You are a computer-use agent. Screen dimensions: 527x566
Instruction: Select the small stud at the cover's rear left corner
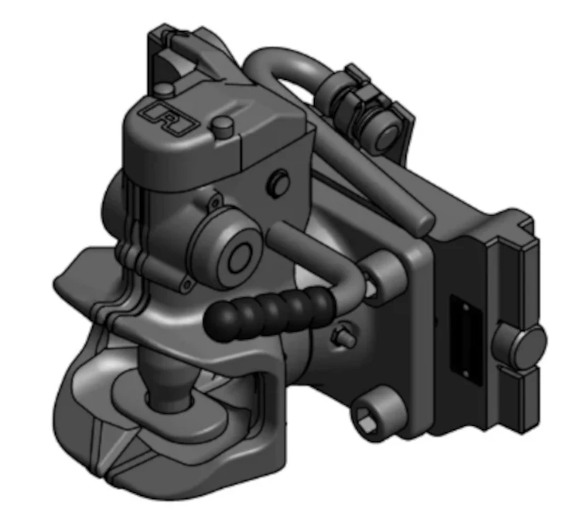click(x=165, y=88)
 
